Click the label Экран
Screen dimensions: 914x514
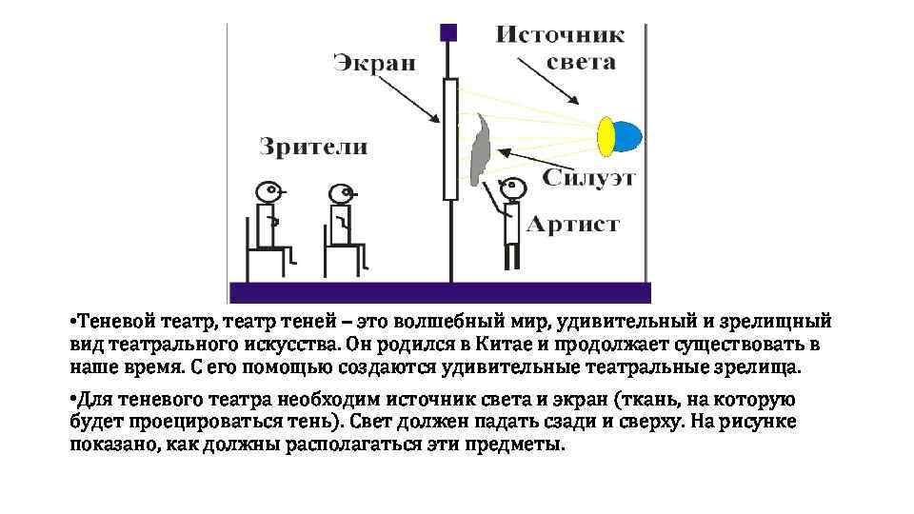tap(374, 64)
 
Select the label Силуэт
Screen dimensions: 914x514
tap(590, 178)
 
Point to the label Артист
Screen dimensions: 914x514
tap(573, 225)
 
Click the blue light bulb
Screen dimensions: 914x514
tap(626, 135)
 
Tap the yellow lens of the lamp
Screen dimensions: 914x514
tap(606, 135)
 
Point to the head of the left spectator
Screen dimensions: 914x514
tap(268, 190)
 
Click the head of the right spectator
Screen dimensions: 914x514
tap(340, 193)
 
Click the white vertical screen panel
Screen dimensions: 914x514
tap(449, 139)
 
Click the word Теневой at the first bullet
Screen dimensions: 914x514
tap(112, 321)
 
